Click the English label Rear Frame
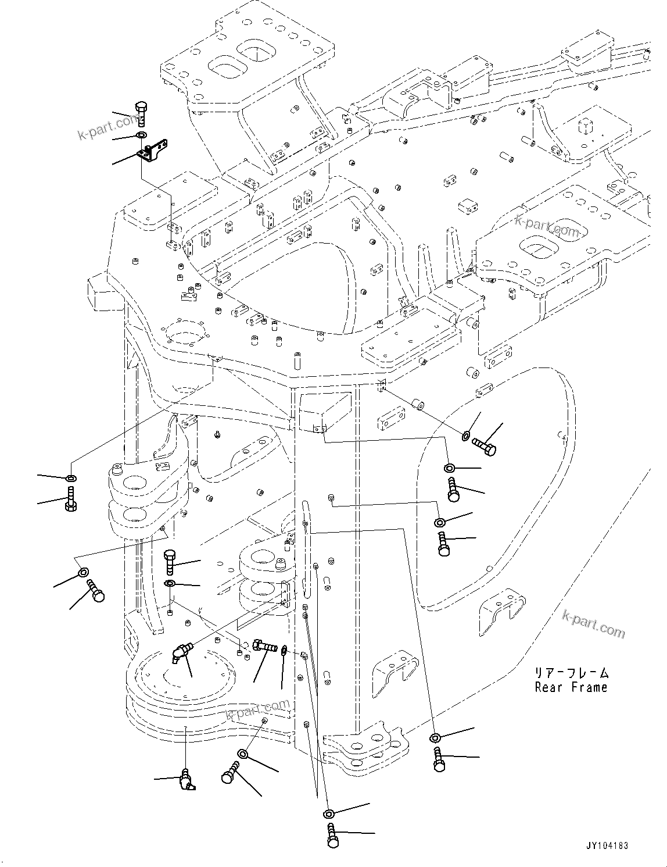(x=571, y=687)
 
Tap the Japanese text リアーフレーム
(x=572, y=673)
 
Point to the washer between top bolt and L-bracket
(x=142, y=136)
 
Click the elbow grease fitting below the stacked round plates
(x=187, y=779)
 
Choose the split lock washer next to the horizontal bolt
(x=285, y=650)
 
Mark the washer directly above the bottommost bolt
(x=329, y=814)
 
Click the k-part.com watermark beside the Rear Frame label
(x=594, y=623)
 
